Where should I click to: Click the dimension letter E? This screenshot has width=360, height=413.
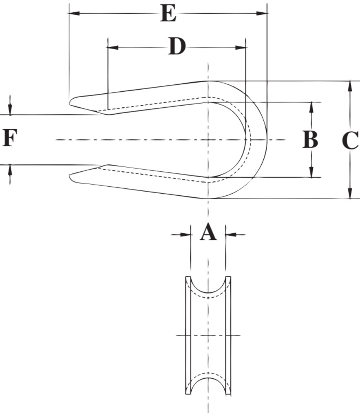pyautogui.click(x=168, y=14)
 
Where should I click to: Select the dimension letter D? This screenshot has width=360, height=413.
pyautogui.click(x=177, y=47)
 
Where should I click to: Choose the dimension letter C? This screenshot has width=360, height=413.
pyautogui.click(x=350, y=140)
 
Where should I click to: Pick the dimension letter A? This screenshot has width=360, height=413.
pyautogui.click(x=208, y=233)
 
